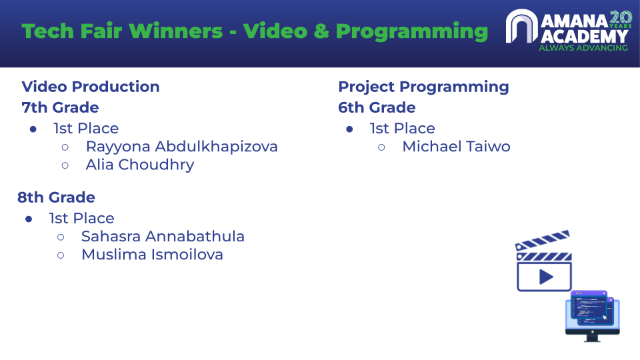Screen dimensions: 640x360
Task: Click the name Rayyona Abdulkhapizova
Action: click(181, 147)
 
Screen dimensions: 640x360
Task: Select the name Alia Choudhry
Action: click(140, 165)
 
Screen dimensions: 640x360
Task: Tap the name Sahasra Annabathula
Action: click(163, 236)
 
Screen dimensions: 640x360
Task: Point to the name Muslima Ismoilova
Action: click(152, 255)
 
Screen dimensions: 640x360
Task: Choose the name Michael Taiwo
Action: click(456, 147)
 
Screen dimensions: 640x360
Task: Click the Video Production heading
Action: click(91, 87)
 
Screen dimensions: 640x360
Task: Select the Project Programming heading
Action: click(424, 87)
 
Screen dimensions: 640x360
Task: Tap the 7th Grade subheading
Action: click(60, 107)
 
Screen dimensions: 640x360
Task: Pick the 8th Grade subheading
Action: click(56, 197)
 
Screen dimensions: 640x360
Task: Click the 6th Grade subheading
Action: click(377, 107)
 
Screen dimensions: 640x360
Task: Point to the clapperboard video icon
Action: click(544, 261)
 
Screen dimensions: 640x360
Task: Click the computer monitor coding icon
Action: click(592, 316)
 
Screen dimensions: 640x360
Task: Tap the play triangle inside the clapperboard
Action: click(546, 277)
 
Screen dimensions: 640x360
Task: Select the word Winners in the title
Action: click(176, 31)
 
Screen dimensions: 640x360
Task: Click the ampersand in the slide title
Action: click(321, 31)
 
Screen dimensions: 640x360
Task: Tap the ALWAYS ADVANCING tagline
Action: click(583, 48)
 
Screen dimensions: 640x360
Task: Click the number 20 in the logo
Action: click(621, 17)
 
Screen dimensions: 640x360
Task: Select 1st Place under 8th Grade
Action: click(81, 219)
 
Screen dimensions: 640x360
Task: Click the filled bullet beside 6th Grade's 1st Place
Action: click(349, 129)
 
